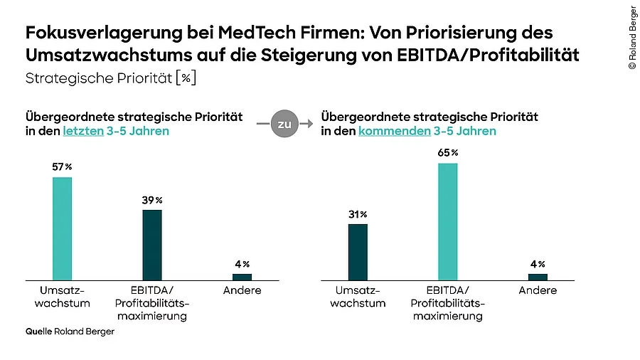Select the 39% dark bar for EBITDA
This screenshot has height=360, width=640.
pyautogui.click(x=152, y=244)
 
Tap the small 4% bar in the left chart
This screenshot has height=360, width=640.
pyautogui.click(x=242, y=277)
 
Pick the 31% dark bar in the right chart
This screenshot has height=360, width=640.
pyautogui.click(x=358, y=252)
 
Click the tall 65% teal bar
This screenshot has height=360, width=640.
pyautogui.click(x=447, y=221)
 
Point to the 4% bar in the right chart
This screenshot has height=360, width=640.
pyautogui.click(x=538, y=277)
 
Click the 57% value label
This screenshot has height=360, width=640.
pyautogui.click(x=62, y=166)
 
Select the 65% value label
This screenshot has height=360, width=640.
pyautogui.click(x=448, y=152)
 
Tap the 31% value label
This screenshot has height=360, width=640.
pyautogui.click(x=358, y=213)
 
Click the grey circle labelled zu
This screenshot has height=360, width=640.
pyautogui.click(x=284, y=124)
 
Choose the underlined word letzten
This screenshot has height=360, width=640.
pyautogui.click(x=82, y=132)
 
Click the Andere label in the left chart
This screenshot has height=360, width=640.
pyautogui.click(x=242, y=290)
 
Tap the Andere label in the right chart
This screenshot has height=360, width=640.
pyautogui.click(x=538, y=290)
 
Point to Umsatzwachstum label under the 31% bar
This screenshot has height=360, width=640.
pyautogui.click(x=358, y=297)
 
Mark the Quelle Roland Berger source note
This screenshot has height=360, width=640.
pyautogui.click(x=70, y=332)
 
